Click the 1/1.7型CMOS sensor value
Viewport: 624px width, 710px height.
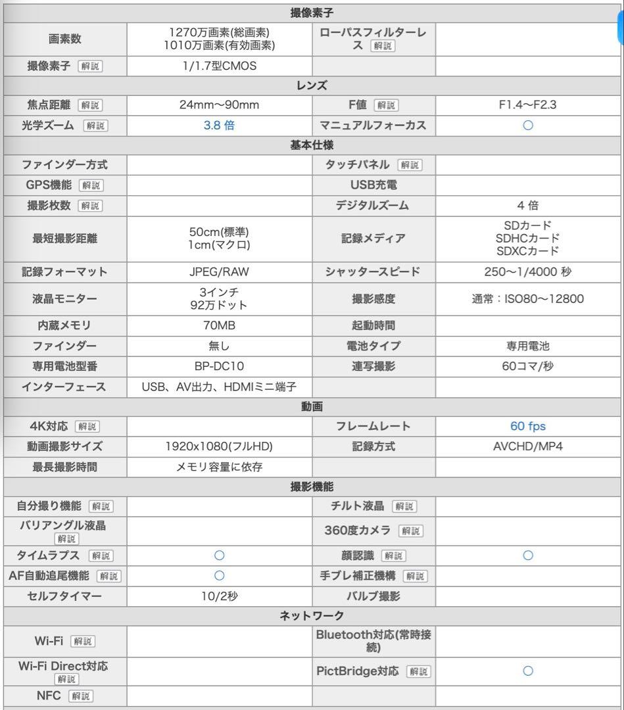click(x=220, y=66)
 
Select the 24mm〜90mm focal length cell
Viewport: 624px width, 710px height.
click(x=220, y=105)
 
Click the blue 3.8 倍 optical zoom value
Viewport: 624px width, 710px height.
click(x=220, y=125)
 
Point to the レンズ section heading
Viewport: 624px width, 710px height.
click(x=312, y=85)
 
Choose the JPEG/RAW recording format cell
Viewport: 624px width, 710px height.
click(x=220, y=272)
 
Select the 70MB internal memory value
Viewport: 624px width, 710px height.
click(x=220, y=325)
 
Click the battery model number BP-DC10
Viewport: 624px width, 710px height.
click(x=220, y=366)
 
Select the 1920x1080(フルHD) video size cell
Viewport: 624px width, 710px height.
click(x=220, y=446)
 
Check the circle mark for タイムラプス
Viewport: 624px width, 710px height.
click(x=220, y=556)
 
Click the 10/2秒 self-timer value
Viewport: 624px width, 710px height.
click(x=220, y=596)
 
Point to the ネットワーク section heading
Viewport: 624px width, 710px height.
click(x=312, y=616)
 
